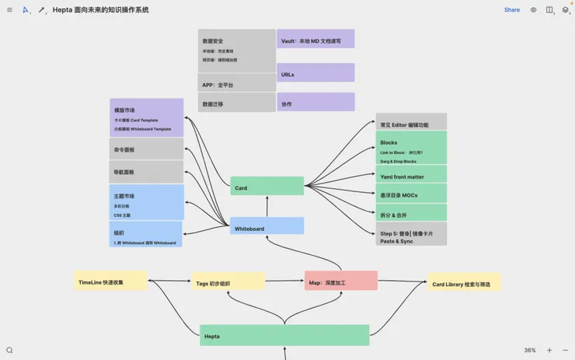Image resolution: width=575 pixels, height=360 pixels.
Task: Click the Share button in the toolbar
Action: [x=512, y=10]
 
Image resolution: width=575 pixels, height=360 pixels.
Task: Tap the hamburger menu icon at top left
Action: [x=9, y=10]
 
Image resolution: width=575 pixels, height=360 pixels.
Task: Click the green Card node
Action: [x=267, y=187]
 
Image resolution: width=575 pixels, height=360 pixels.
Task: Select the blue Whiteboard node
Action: [x=267, y=226]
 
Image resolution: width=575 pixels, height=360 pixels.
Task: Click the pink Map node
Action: [x=340, y=281]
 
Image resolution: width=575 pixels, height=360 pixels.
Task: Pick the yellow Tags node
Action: [x=228, y=281]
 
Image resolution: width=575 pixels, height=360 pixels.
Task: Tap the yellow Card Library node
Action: [x=465, y=283]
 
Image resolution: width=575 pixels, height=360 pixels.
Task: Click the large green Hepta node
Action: [x=284, y=335]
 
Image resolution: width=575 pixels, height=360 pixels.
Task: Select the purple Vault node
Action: [x=315, y=39]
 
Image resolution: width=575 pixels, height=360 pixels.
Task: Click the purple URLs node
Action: [x=315, y=73]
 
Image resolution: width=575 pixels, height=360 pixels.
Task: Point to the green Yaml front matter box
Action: [x=411, y=175]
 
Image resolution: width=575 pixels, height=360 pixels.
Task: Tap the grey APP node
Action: [x=236, y=83]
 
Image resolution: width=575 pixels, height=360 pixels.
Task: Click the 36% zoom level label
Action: [x=530, y=351]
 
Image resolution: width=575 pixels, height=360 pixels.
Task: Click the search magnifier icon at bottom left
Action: [x=9, y=351]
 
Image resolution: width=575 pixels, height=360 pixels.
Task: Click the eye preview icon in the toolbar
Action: [x=533, y=10]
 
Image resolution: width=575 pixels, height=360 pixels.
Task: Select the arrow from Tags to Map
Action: [x=284, y=281]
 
